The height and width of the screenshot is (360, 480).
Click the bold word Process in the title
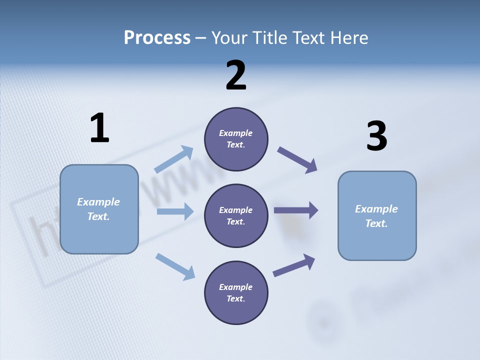coord(157,38)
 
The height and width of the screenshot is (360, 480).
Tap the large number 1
coord(99,128)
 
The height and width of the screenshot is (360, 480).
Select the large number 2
coord(236,75)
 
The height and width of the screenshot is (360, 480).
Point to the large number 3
coord(376,136)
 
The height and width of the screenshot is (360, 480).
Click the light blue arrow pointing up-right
coord(174,159)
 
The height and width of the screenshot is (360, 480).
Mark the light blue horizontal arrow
coord(175,211)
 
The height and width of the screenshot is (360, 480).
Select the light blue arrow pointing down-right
coord(175,266)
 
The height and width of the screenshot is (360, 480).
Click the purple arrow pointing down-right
coord(297,159)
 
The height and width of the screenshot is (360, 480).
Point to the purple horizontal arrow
coord(296,210)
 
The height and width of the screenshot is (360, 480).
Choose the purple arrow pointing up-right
coord(294,265)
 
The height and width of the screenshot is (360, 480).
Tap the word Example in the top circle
coord(236,133)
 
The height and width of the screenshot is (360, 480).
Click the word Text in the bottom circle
coord(235,298)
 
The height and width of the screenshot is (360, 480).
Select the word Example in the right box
coord(376,209)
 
